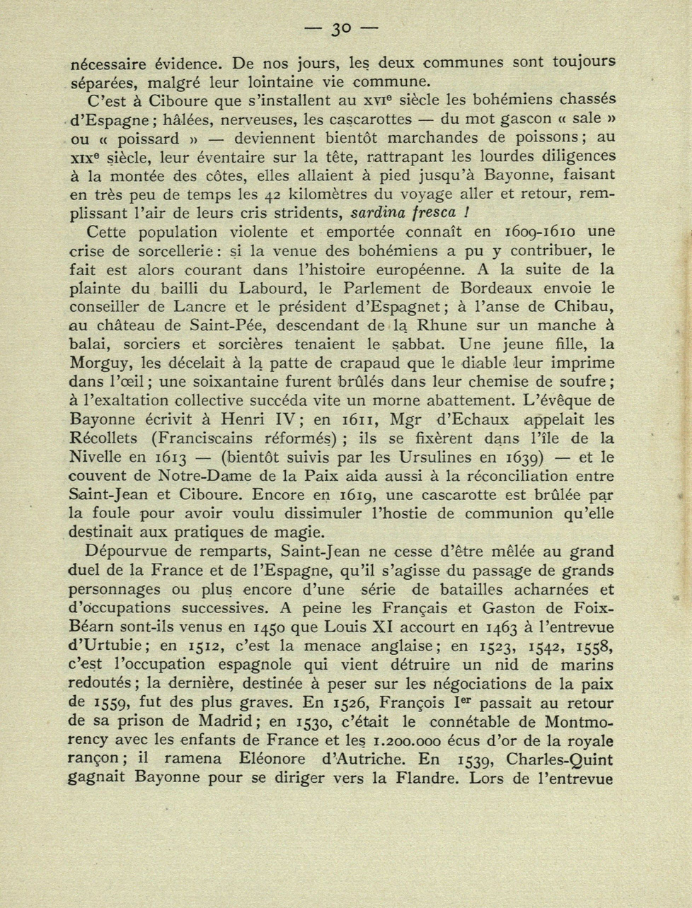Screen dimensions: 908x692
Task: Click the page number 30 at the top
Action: (x=341, y=29)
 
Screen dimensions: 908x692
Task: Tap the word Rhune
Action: (x=443, y=326)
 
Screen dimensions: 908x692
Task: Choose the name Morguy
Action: (x=101, y=363)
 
